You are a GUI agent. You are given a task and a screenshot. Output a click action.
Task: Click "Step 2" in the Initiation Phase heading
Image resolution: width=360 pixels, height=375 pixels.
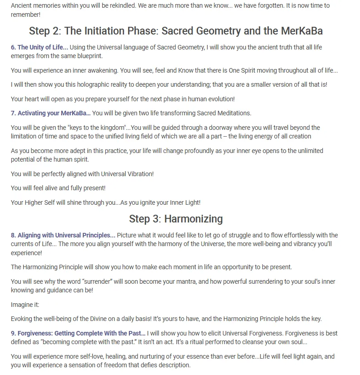coord(44,31)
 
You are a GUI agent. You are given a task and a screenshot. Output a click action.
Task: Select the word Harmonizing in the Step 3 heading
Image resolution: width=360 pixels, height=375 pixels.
coord(193,219)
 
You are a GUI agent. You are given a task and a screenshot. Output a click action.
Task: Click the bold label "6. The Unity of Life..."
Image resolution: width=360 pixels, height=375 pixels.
coord(39,47)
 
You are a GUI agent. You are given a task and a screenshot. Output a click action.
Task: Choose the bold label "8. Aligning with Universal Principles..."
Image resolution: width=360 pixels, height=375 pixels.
coord(63,235)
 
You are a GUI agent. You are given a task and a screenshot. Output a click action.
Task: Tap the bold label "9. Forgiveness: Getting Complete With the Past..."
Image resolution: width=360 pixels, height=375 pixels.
coord(78,333)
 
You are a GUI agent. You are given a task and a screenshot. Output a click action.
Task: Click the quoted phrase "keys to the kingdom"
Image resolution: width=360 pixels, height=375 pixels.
coord(101,128)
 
